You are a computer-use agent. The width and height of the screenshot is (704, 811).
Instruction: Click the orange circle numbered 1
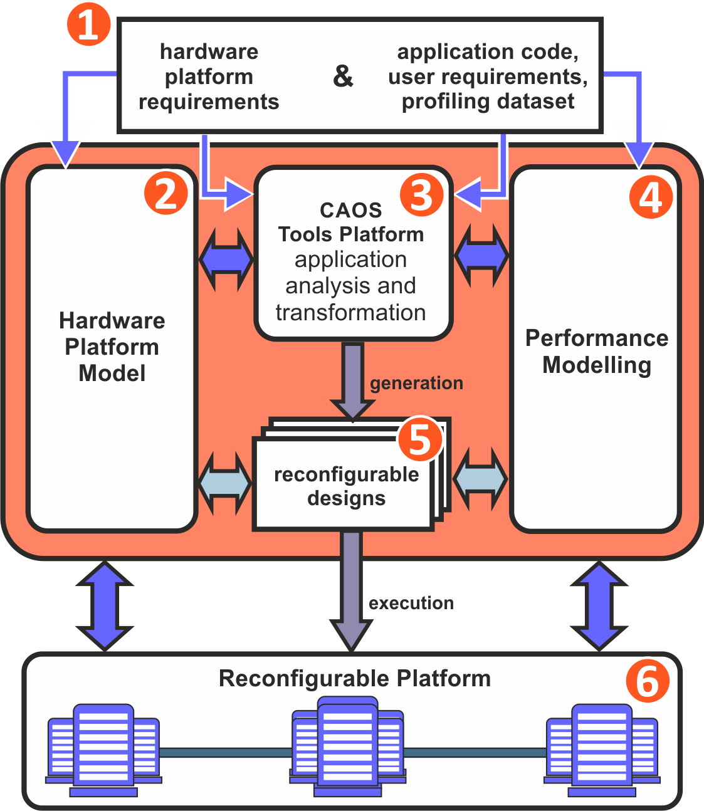88,26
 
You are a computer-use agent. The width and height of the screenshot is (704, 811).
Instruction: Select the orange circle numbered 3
421,194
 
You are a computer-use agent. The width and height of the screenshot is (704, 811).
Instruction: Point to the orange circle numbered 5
420,438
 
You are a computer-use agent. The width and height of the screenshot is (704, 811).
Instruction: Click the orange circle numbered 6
648,681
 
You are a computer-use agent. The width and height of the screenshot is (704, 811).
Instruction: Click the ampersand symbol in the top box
343,76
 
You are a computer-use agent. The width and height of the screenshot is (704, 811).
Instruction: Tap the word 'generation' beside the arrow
416,383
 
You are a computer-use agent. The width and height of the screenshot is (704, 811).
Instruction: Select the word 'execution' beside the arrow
411,603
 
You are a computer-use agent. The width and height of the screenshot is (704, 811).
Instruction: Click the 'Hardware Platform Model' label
112,347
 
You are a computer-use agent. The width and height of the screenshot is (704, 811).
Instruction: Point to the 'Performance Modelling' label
597,351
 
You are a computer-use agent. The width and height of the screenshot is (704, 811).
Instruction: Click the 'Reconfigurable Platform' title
355,678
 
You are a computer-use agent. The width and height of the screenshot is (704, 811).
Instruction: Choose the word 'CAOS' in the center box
350,210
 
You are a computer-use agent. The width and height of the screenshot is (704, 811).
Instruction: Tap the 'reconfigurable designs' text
347,486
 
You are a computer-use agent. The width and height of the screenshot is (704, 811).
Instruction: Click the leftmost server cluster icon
103,750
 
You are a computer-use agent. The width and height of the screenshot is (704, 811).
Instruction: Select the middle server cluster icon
348,748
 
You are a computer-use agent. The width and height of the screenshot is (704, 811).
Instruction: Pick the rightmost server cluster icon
602,750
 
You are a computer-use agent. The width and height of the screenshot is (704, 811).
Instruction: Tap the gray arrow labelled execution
352,589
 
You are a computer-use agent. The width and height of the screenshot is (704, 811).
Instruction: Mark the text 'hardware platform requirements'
209,76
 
